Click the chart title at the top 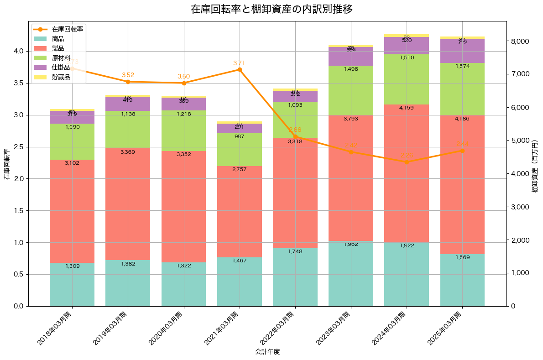coord(271,9)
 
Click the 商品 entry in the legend coord(58,39)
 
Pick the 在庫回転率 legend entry coord(67,29)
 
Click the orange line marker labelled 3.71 coord(240,69)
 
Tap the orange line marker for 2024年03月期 coord(407,162)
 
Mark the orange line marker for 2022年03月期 coord(295,136)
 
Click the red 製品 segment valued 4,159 coord(407,173)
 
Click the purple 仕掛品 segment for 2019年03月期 coord(128,104)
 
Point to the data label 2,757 coord(240,169)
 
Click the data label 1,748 coord(295,251)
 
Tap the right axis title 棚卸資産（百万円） coord(535,166)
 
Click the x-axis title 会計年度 coord(267,352)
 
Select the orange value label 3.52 coord(128,75)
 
